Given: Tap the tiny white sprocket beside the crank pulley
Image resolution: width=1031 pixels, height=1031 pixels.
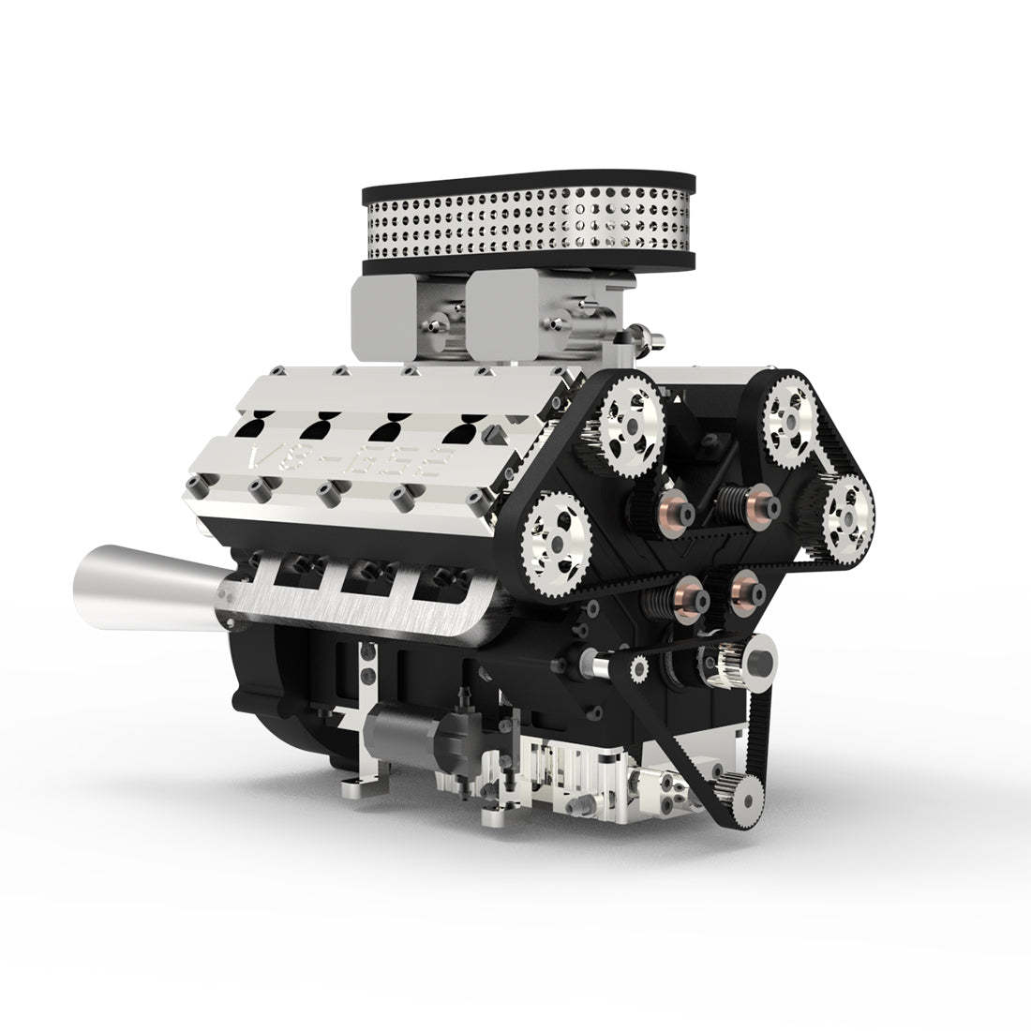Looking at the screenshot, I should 641,668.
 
